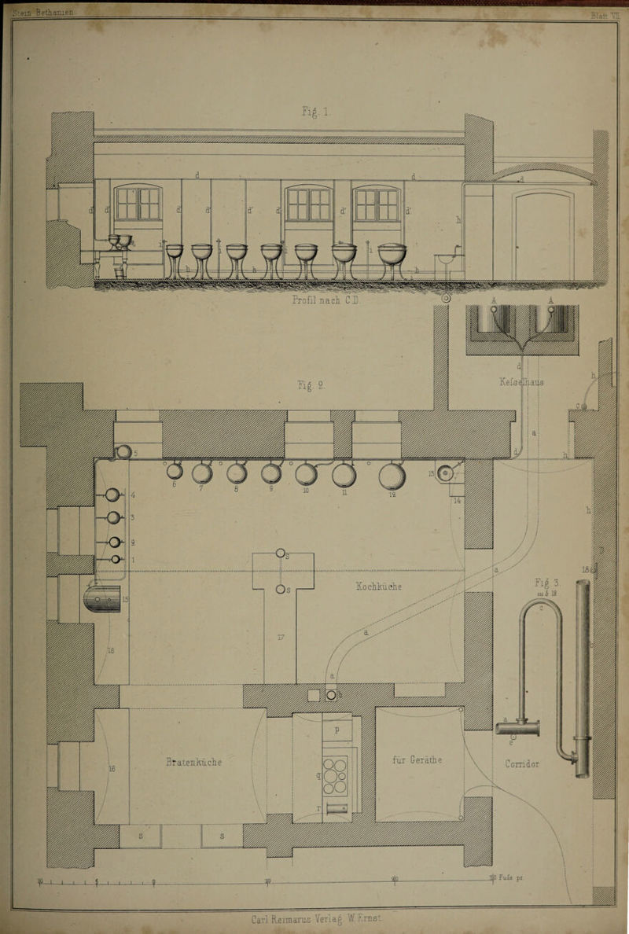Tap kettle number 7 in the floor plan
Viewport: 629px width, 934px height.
[x=202, y=475]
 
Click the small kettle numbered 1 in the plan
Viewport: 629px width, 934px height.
[x=116, y=559]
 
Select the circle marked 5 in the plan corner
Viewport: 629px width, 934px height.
[x=123, y=452]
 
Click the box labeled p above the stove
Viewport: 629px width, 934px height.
[x=337, y=730]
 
